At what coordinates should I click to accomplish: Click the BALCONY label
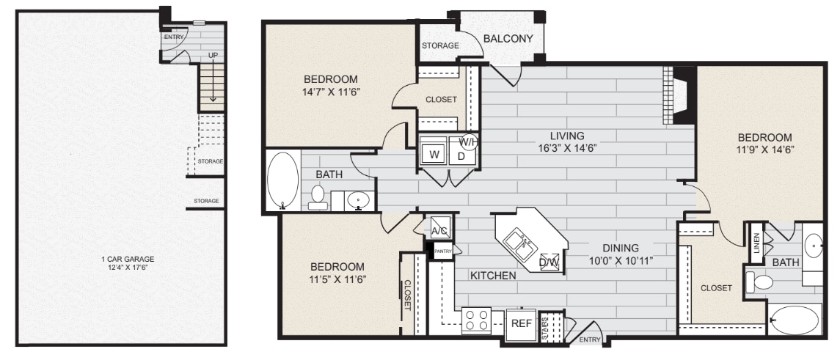pos(508,38)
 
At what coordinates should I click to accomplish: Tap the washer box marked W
pos(434,155)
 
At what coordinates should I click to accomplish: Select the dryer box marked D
pos(461,155)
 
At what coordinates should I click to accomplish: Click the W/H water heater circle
pos(468,142)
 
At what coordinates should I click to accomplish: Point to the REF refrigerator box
pos(522,321)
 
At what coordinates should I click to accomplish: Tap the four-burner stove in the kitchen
pos(475,321)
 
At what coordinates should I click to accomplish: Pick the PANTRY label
pos(443,251)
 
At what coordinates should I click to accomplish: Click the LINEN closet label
pos(756,246)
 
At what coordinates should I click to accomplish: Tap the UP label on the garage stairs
pos(213,55)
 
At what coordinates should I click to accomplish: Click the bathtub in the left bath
pos(282,180)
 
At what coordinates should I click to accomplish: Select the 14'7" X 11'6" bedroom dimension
pos(330,92)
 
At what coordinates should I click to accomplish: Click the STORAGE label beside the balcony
pos(440,45)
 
